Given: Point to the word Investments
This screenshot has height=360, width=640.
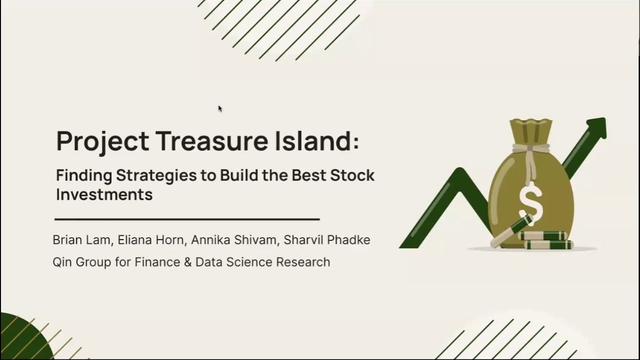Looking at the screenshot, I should pyautogui.click(x=104, y=194).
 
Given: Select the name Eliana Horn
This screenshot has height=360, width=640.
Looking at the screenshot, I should pyautogui.click(x=151, y=240).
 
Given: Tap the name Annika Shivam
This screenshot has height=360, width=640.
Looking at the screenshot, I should pyautogui.click(x=233, y=240).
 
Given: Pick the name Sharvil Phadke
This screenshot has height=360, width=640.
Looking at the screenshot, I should pyautogui.click(x=327, y=240).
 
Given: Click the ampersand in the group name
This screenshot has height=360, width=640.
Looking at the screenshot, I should pyautogui.click(x=188, y=262).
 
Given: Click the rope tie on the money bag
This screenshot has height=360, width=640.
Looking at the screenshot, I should pyautogui.click(x=530, y=148).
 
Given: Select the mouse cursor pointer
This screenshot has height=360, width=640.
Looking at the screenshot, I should pyautogui.click(x=220, y=108).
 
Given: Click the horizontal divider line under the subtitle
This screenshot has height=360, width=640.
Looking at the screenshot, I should pyautogui.click(x=187, y=219).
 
